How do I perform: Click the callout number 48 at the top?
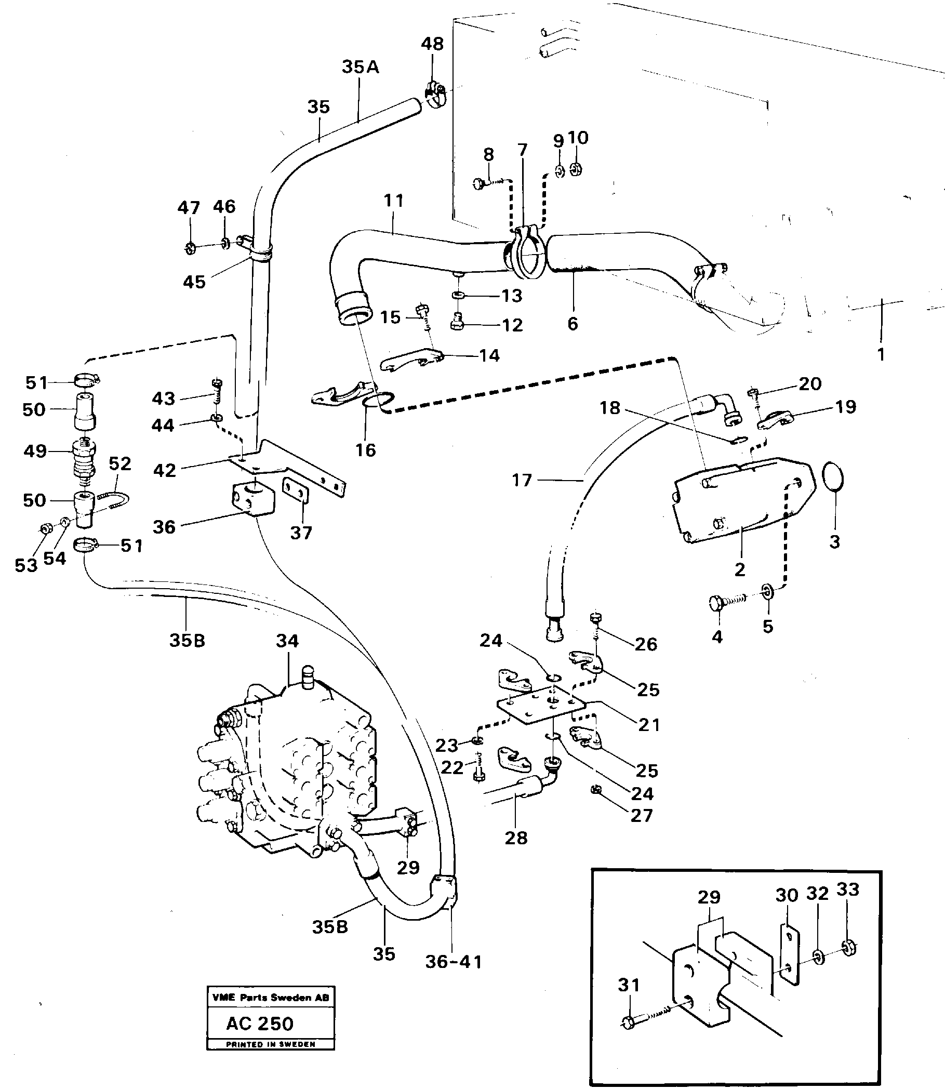(432, 44)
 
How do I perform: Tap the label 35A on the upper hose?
(360, 67)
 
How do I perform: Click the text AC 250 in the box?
(259, 1024)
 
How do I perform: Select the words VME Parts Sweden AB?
(271, 997)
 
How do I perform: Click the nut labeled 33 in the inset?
(849, 947)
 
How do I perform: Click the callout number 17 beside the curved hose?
(522, 480)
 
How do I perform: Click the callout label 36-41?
(454, 962)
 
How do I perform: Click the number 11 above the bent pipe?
(393, 201)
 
